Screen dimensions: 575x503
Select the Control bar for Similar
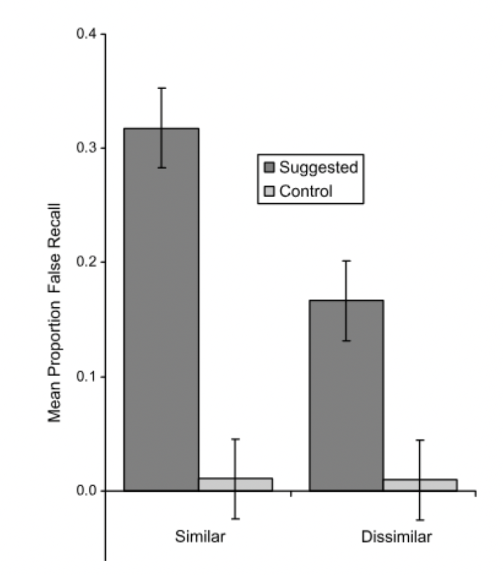(x=235, y=484)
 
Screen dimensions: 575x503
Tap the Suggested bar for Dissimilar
(x=346, y=395)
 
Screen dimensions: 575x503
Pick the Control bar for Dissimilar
(x=420, y=485)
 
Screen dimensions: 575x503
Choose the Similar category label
(x=199, y=536)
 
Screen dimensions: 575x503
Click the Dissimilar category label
(x=397, y=536)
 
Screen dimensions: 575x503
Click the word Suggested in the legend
(x=318, y=167)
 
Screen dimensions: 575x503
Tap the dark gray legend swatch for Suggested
(x=268, y=167)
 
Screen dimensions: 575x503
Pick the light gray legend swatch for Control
(x=268, y=192)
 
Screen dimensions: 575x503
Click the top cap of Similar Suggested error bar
(x=162, y=88)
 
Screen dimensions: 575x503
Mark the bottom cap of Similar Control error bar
(x=235, y=518)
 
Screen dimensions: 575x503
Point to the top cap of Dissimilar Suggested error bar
(x=346, y=261)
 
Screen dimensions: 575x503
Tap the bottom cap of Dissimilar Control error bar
(x=420, y=519)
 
